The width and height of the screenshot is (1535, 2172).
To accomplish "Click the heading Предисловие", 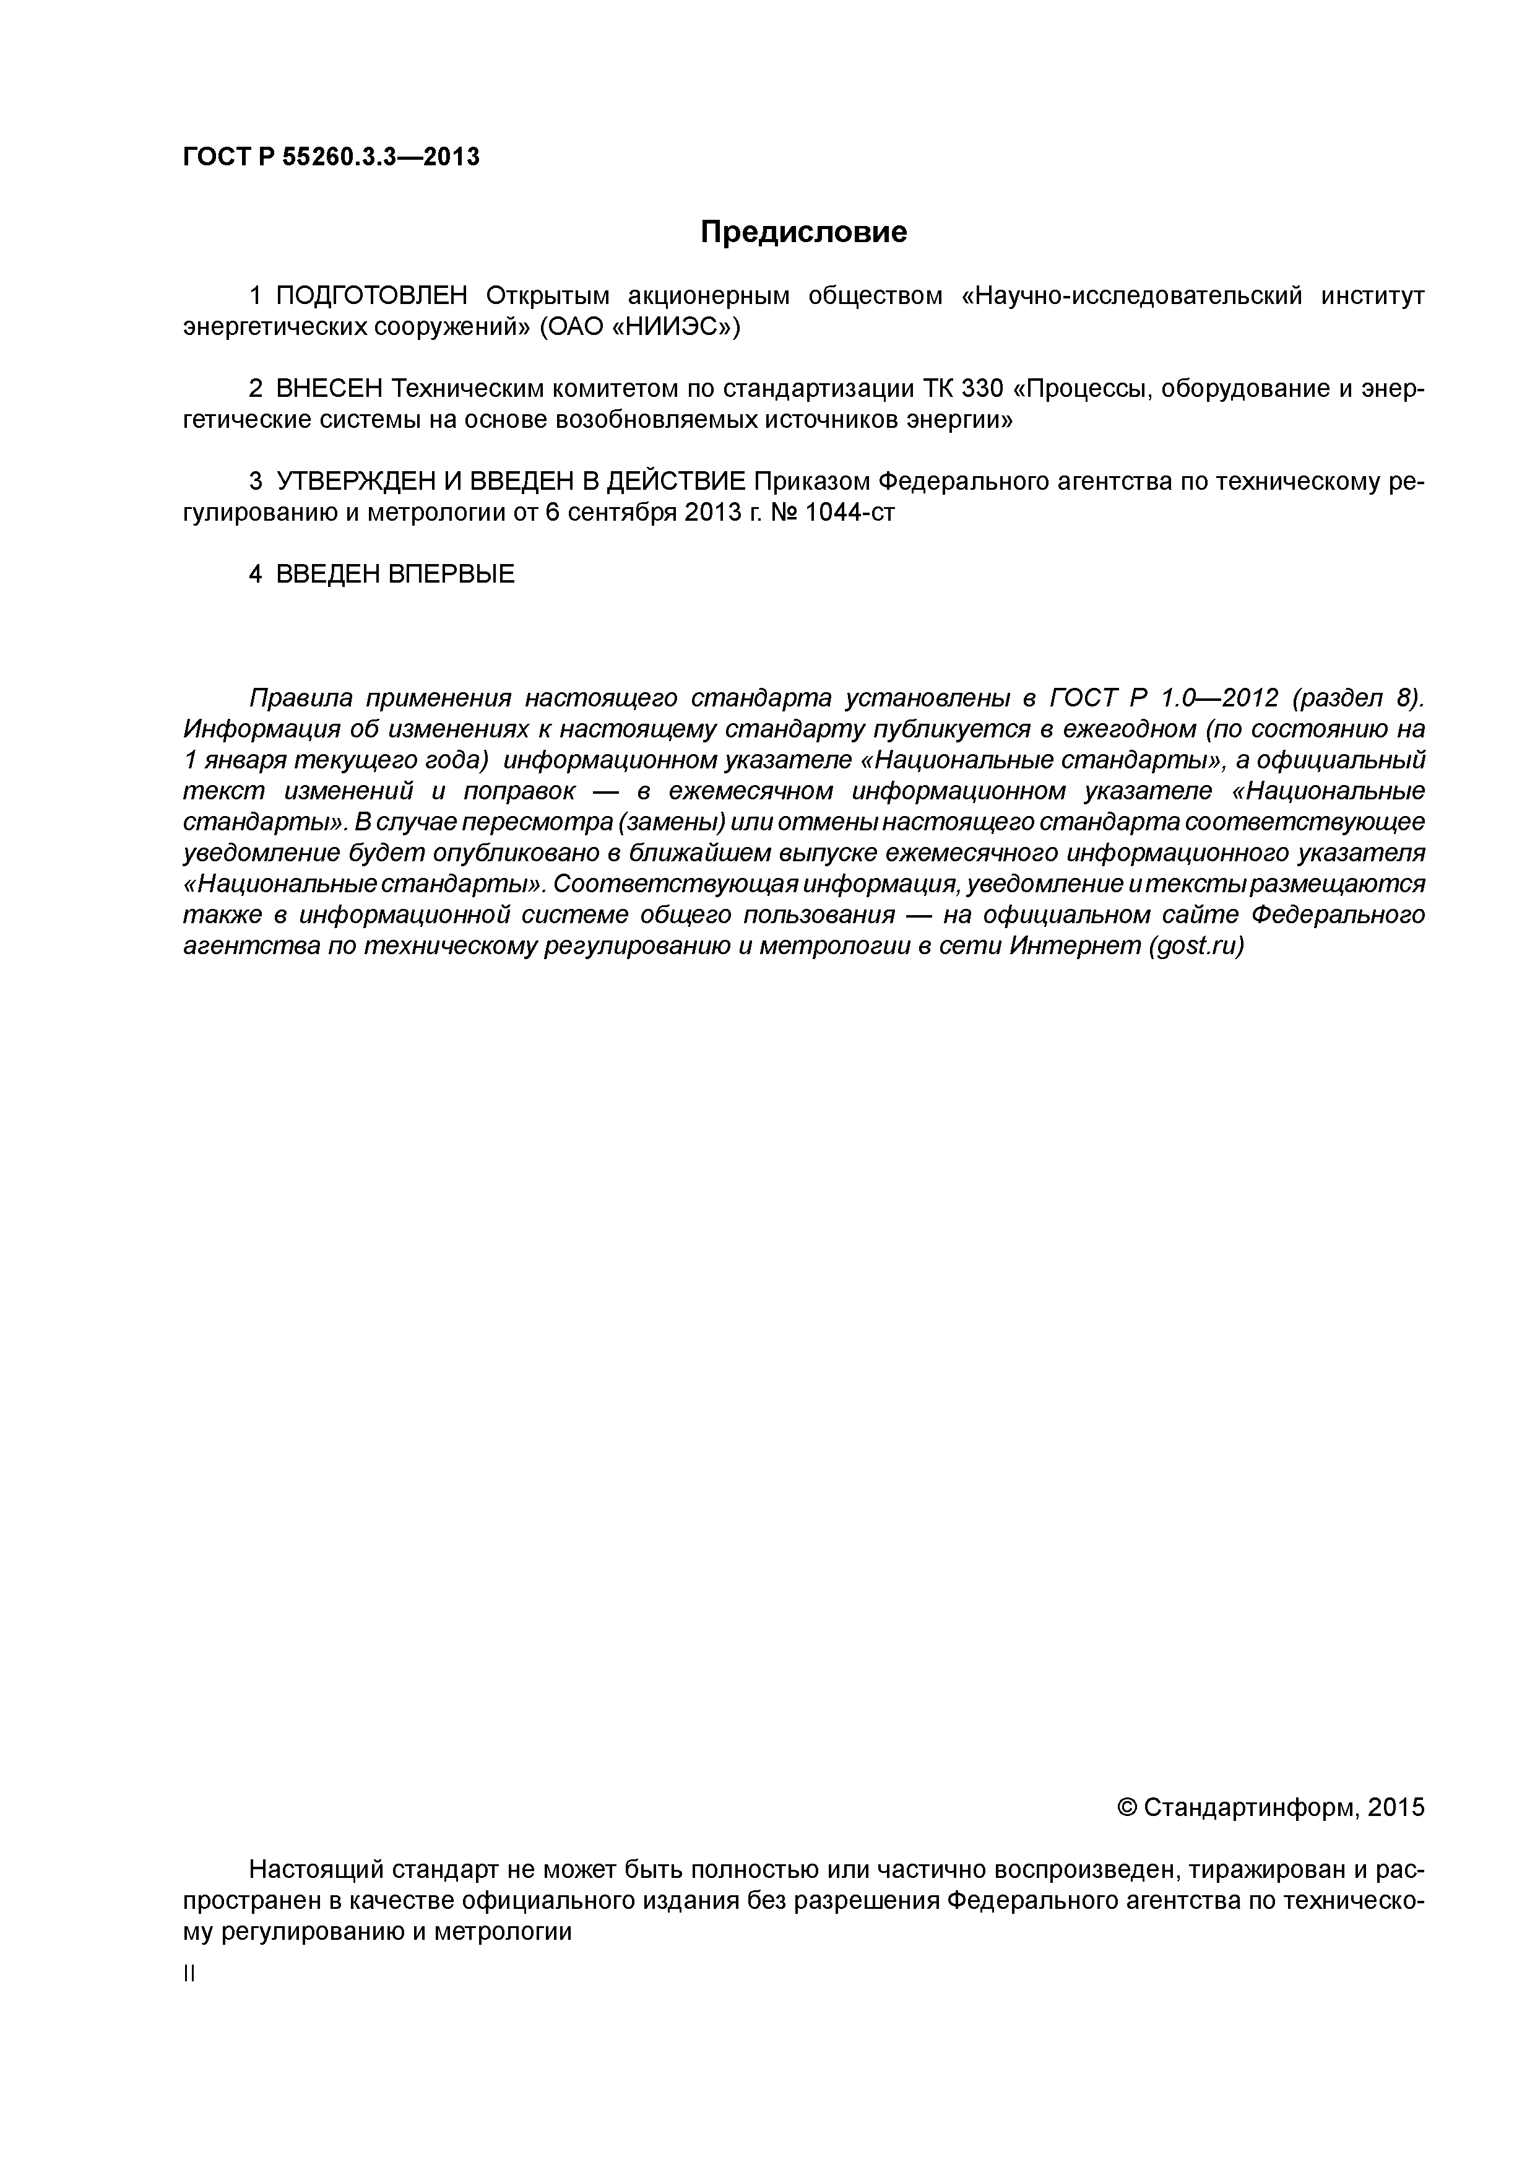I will click(x=803, y=232).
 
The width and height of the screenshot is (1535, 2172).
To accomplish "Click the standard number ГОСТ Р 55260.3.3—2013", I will click(x=331, y=156).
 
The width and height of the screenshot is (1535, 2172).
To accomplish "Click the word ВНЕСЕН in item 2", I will click(x=330, y=389).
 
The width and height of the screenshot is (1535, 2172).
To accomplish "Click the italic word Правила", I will click(x=300, y=698).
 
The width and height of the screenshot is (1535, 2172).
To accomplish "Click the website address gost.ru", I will click(x=1195, y=946).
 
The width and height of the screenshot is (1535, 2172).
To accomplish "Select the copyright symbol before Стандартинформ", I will click(x=1126, y=1808).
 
